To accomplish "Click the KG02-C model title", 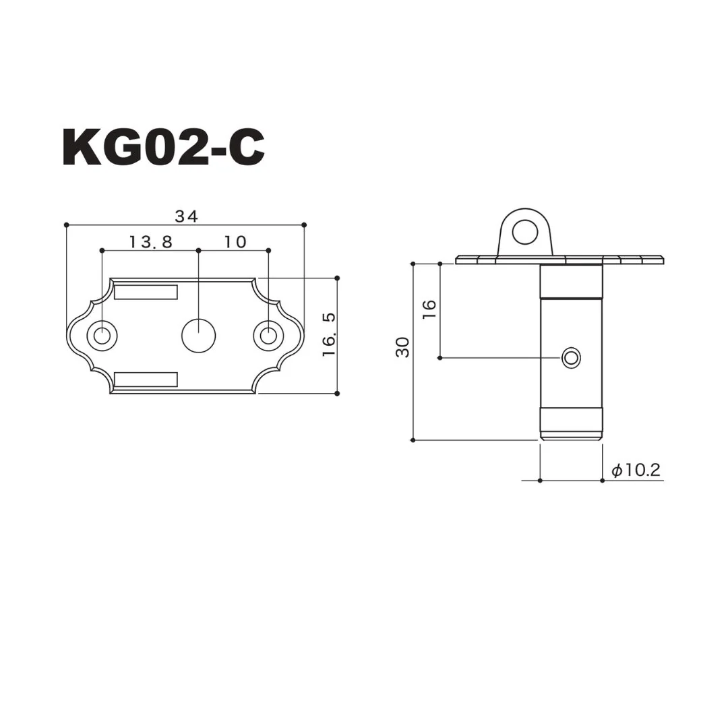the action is coord(163,147).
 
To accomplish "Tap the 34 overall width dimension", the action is coord(186,216).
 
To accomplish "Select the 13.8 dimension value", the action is coord(150,242).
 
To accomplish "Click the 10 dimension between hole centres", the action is coord(235,242).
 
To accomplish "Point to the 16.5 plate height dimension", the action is coord(329,335).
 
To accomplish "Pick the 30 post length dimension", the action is coord(402,347).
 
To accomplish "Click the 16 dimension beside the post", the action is coord(429,309).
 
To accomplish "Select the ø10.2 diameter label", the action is coord(636,471).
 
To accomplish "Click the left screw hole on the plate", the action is coord(102,335).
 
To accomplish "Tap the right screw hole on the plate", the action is coord(268,335).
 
